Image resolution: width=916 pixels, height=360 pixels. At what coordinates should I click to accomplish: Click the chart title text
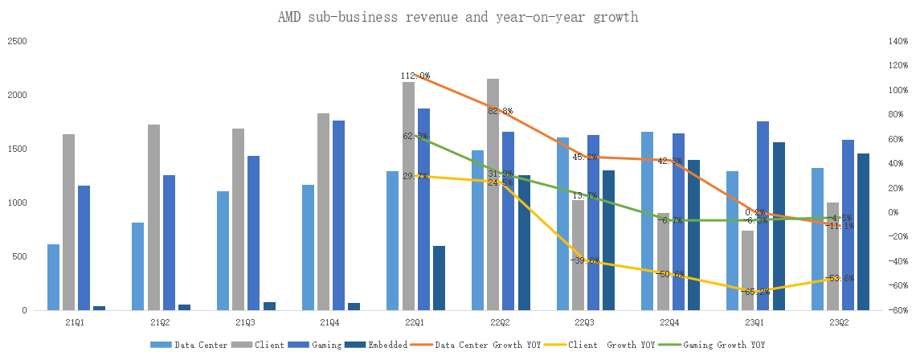point(457,17)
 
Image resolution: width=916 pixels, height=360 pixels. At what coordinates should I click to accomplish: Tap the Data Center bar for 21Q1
point(54,277)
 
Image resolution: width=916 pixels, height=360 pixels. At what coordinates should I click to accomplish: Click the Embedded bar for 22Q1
point(439,278)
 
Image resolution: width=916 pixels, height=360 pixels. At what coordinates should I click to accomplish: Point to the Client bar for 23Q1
point(748,270)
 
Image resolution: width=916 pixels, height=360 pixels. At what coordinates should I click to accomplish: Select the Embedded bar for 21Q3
point(269,306)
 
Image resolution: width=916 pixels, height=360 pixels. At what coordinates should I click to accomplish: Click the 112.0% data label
point(415,76)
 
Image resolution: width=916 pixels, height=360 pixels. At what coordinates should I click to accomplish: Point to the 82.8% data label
point(501,111)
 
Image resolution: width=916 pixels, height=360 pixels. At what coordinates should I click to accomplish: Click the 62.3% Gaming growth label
point(415,136)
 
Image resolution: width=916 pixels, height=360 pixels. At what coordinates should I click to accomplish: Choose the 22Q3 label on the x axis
point(585,322)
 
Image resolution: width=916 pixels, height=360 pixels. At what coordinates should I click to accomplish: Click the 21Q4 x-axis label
point(329,322)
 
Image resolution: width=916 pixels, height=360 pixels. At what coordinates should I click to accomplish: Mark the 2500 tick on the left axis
point(16,41)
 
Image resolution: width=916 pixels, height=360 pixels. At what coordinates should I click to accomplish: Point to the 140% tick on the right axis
point(897,41)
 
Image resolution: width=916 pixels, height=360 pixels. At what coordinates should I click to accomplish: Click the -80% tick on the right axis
point(897,310)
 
